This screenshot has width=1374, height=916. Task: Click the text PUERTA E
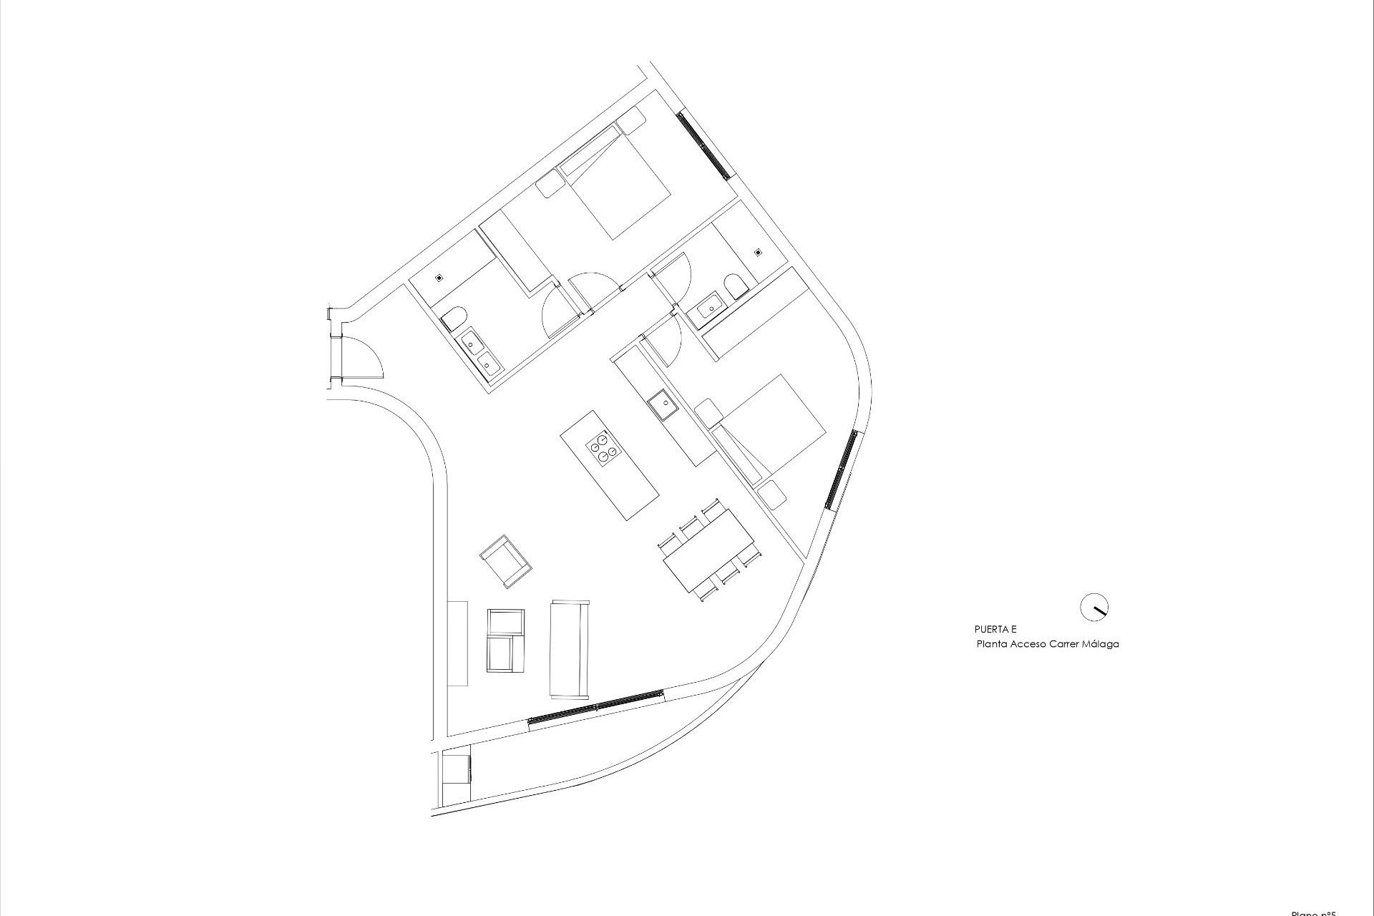pos(995,630)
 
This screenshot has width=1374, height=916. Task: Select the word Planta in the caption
pos(993,644)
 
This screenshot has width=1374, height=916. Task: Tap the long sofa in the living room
pos(570,648)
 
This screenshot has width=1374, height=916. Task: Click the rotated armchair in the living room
pos(506,560)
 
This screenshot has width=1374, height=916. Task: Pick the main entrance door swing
pos(366,358)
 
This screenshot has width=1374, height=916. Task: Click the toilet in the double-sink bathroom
pos(454,318)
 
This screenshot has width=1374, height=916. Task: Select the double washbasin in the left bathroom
pos(480,354)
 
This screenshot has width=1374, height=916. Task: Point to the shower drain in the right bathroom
pos(758,252)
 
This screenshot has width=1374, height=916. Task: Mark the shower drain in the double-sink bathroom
pos(440,276)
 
